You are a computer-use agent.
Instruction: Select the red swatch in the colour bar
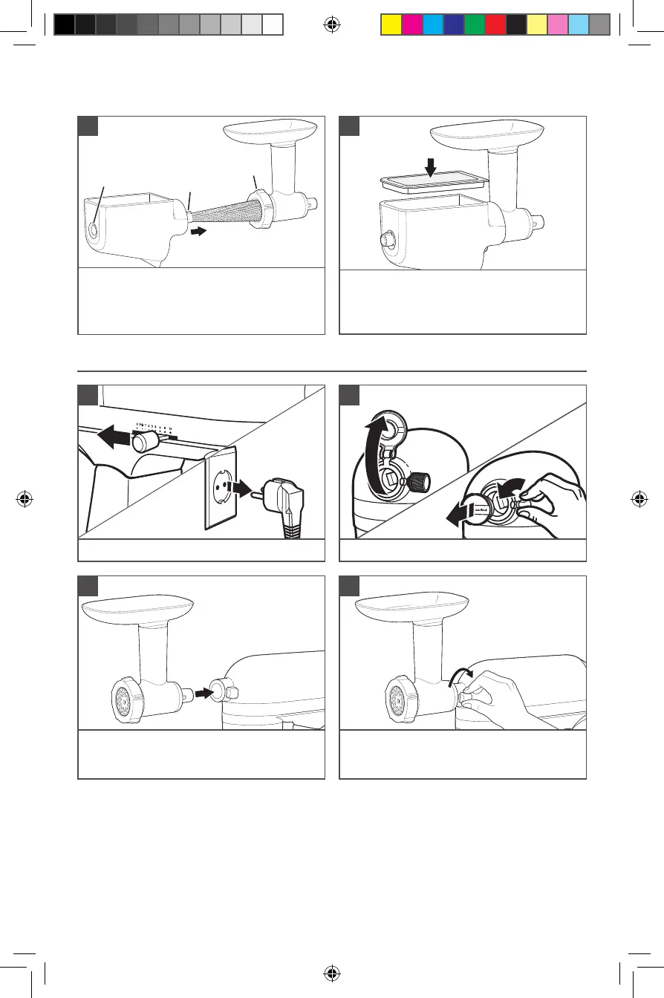click(495, 25)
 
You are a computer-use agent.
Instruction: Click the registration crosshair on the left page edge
click(25, 499)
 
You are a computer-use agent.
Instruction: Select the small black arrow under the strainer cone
click(198, 232)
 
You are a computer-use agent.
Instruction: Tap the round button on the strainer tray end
click(94, 229)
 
